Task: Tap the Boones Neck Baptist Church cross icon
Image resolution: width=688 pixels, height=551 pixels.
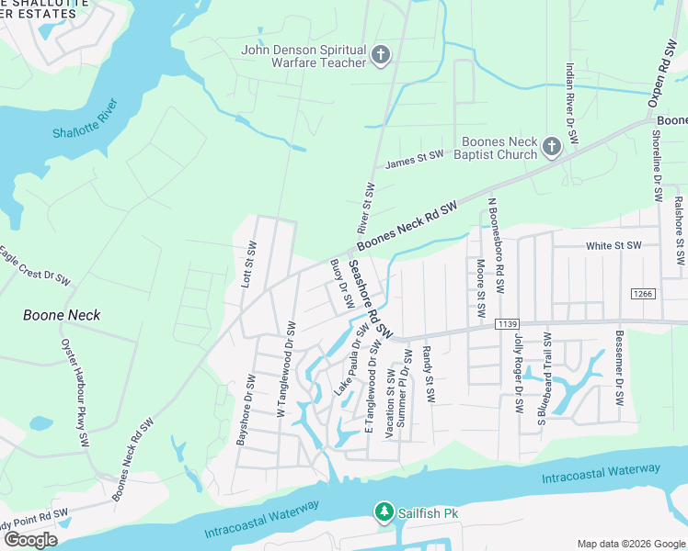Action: [x=551, y=147]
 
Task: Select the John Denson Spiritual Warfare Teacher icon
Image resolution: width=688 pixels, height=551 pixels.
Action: [x=380, y=56]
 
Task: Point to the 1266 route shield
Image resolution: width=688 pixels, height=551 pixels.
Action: [x=643, y=293]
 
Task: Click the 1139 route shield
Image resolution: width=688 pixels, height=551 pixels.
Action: [x=507, y=323]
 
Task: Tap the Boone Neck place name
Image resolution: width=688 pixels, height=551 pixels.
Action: [x=62, y=315]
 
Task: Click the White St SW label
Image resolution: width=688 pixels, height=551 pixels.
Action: [x=613, y=246]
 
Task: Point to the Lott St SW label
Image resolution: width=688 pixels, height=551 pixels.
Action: [x=248, y=265]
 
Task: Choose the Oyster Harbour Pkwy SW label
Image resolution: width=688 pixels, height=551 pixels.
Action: [x=75, y=384]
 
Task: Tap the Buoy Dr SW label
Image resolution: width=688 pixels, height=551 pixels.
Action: [x=342, y=283]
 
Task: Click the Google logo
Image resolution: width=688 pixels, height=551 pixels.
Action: [x=30, y=540]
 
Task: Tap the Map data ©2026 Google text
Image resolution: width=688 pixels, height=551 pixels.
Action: [x=630, y=544]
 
